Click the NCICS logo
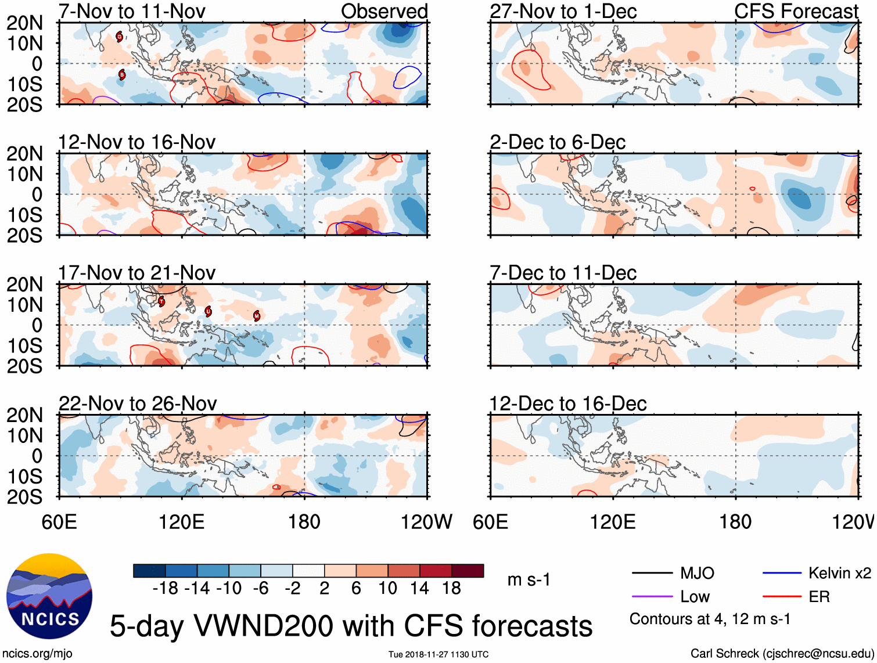49,596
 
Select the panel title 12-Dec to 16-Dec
567,403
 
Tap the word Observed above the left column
384,11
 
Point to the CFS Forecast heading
796,11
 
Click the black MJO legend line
652,573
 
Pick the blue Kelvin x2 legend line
782,573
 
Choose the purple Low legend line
652,596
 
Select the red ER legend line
782,596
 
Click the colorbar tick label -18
166,588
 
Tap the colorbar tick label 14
419,588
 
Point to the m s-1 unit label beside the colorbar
529,579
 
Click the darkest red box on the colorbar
468,571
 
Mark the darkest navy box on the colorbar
149,571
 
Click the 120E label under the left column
182,522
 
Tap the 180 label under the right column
735,522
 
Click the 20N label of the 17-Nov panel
24,284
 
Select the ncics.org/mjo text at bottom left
37,654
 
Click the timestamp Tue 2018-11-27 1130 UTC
438,654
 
